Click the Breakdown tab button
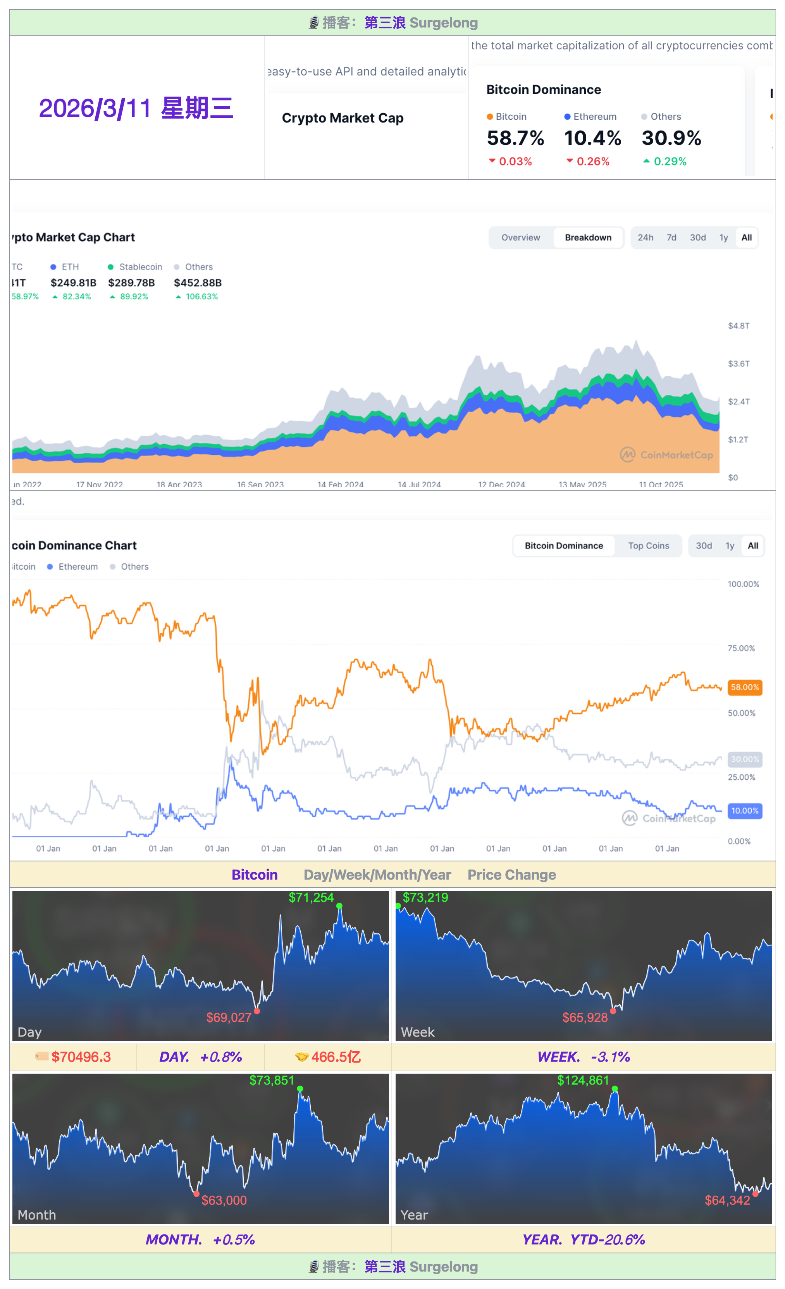588,237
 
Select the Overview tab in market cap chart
520,237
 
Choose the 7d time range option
671,237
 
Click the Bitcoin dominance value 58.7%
515,138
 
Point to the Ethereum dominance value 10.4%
592,138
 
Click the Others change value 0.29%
670,162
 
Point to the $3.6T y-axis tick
739,364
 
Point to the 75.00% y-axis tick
741,648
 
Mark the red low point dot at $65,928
613,1011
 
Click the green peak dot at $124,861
615,1089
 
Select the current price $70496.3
81,1057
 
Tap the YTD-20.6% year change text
607,1239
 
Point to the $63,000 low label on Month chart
224,1200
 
